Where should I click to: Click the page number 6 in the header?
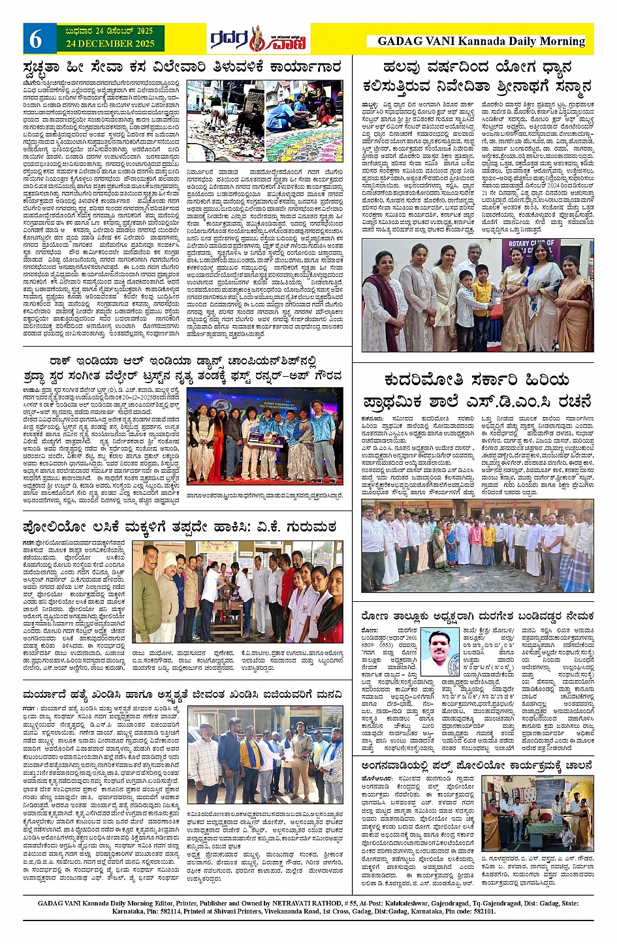pyautogui.click(x=36, y=39)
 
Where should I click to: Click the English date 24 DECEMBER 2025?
pyautogui.click(x=109, y=44)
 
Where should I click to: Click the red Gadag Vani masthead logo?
pyautogui.click(x=260, y=40)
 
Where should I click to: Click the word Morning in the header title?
pyautogui.click(x=556, y=41)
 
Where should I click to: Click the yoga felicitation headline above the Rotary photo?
pyautogui.click(x=477, y=76)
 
